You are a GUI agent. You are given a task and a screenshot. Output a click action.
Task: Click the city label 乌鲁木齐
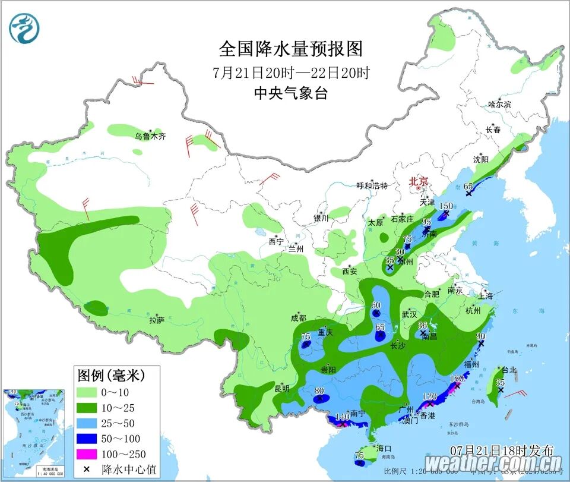[x=150, y=136]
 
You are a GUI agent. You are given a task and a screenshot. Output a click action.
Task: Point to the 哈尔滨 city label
[x=499, y=104]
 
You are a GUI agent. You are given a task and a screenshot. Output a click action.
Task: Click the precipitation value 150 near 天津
[x=446, y=206]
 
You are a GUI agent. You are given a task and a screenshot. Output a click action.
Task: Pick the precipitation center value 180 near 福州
[x=457, y=378]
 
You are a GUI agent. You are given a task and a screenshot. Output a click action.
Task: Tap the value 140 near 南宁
[x=342, y=417]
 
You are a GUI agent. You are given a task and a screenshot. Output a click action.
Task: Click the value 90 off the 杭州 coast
[x=481, y=336]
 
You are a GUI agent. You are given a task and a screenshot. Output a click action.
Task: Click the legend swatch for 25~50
[x=88, y=423]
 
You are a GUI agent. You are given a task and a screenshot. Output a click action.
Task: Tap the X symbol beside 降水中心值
[x=88, y=469]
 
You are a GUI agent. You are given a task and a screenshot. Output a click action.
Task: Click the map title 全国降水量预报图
[x=291, y=48]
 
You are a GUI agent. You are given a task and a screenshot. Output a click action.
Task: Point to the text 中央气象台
[x=291, y=93]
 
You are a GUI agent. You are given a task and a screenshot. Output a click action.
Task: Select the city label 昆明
[x=282, y=389]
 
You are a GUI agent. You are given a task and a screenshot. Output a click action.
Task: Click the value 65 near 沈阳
[x=468, y=186]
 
